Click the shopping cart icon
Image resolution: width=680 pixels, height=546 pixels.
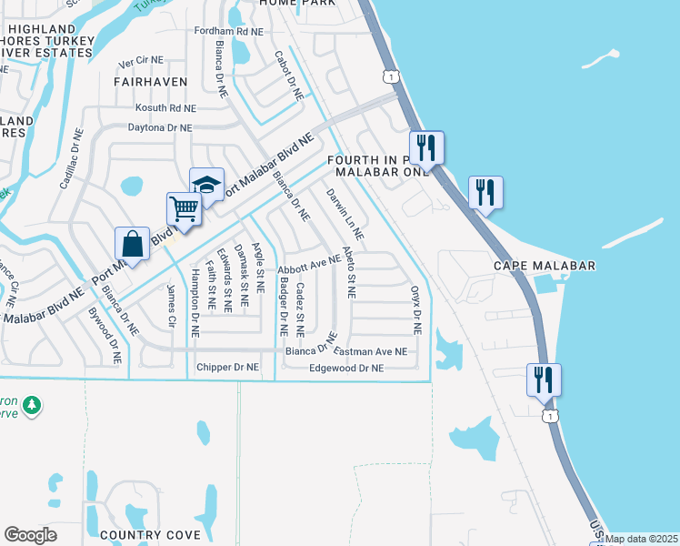(184, 209)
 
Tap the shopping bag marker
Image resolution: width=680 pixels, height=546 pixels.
(133, 244)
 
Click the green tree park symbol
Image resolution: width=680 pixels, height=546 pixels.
(32, 404)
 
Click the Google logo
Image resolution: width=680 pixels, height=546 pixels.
(30, 535)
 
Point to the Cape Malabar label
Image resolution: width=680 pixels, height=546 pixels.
(544, 265)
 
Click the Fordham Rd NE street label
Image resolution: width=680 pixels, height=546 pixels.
(228, 31)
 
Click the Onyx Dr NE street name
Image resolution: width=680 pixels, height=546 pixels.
(416, 309)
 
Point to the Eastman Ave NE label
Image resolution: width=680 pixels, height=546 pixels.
(371, 351)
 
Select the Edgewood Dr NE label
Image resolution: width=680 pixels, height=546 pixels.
(346, 369)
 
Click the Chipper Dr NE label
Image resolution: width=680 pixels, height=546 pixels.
(227, 368)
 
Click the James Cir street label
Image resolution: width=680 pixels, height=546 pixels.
(170, 306)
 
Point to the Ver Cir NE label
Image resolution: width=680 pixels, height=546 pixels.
(141, 64)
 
